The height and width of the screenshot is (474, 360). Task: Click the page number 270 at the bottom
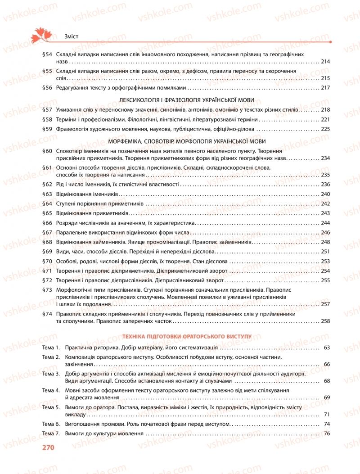click(x=48, y=447)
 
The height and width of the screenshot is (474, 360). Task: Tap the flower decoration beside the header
click(x=42, y=34)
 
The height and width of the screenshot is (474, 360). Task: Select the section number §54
click(x=47, y=54)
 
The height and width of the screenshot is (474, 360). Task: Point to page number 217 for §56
click(x=326, y=88)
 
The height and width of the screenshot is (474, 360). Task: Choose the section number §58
click(x=47, y=119)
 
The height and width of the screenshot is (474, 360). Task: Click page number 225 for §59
click(x=326, y=129)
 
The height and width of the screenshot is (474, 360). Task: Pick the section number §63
click(x=47, y=194)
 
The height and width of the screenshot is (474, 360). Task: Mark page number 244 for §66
click(x=326, y=223)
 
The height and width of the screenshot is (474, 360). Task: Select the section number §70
click(x=47, y=261)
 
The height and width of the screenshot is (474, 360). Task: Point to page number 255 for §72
click(x=326, y=280)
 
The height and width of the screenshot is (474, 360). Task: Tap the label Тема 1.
click(x=51, y=348)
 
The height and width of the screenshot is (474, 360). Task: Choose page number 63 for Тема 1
click(x=327, y=348)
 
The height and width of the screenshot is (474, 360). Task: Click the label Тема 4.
click(x=51, y=390)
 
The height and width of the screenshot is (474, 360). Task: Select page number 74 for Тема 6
click(x=327, y=424)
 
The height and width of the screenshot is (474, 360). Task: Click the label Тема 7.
click(x=51, y=433)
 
